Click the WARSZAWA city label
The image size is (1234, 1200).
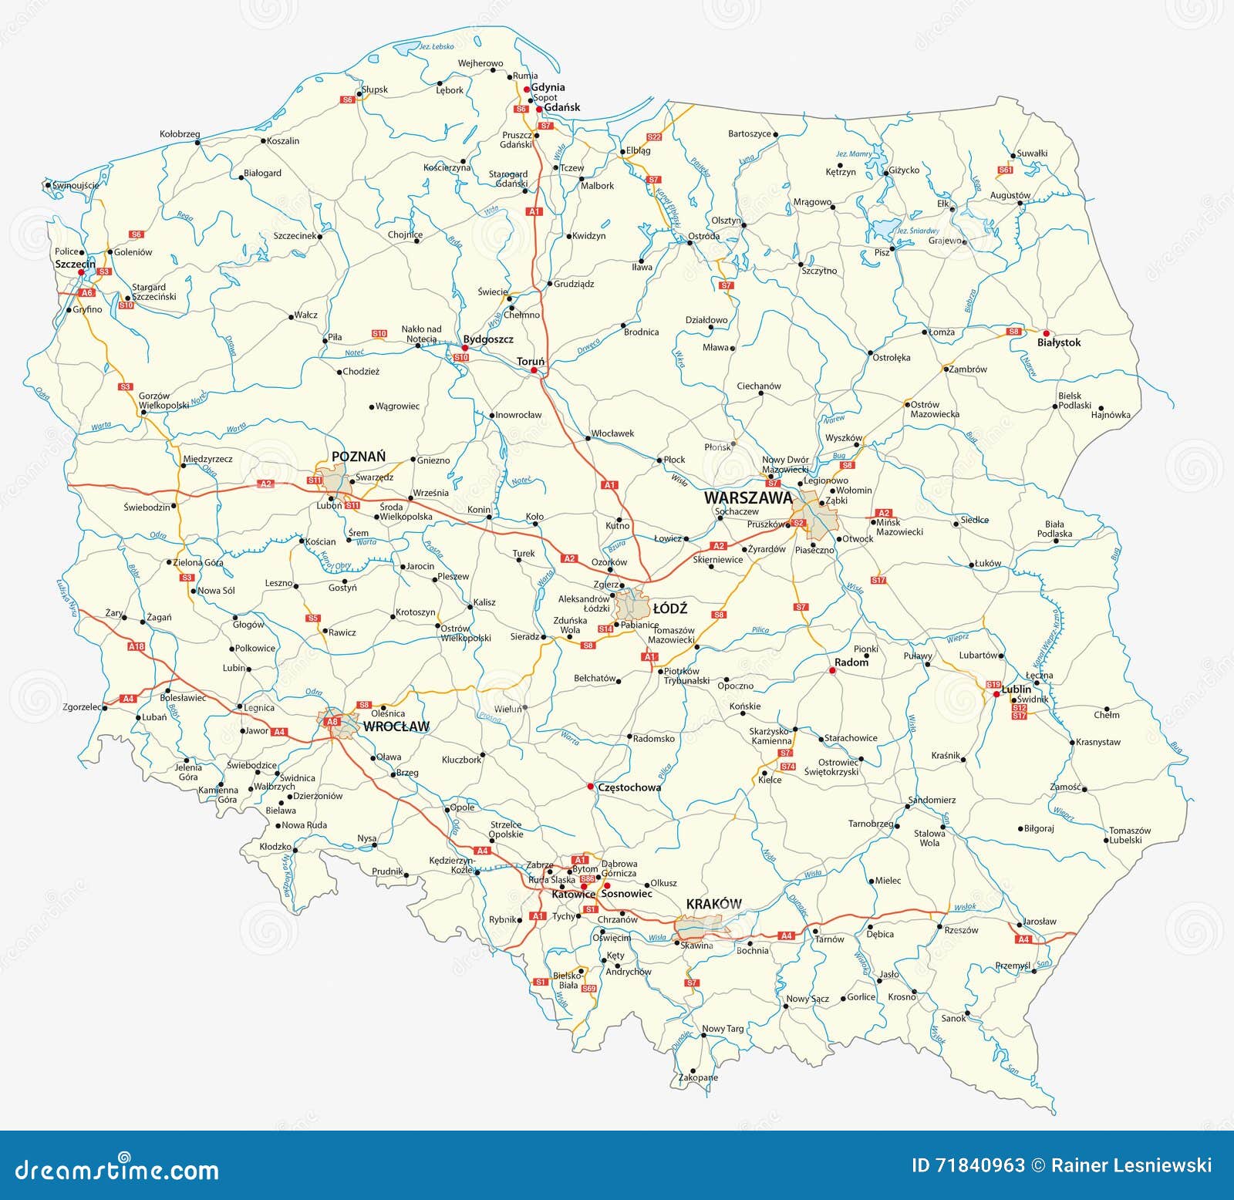point(747,498)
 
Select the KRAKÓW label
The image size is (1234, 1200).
point(713,904)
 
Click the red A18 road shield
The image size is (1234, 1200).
point(136,646)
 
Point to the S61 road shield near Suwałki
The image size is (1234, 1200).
point(1005,170)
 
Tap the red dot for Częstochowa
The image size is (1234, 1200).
point(590,787)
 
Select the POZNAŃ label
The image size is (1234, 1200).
point(358,457)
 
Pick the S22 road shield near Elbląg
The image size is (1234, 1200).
point(654,137)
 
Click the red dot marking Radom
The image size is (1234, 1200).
point(832,671)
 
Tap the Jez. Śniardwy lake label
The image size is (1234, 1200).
point(916,231)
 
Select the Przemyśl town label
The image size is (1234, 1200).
point(1012,966)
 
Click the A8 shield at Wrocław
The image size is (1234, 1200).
point(332,722)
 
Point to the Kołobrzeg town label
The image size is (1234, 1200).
point(180,133)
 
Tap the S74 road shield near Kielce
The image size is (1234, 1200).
point(787,767)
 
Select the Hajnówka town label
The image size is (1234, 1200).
point(1111,415)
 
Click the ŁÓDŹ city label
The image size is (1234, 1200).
point(669,609)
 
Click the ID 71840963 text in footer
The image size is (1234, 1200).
point(968,1165)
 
